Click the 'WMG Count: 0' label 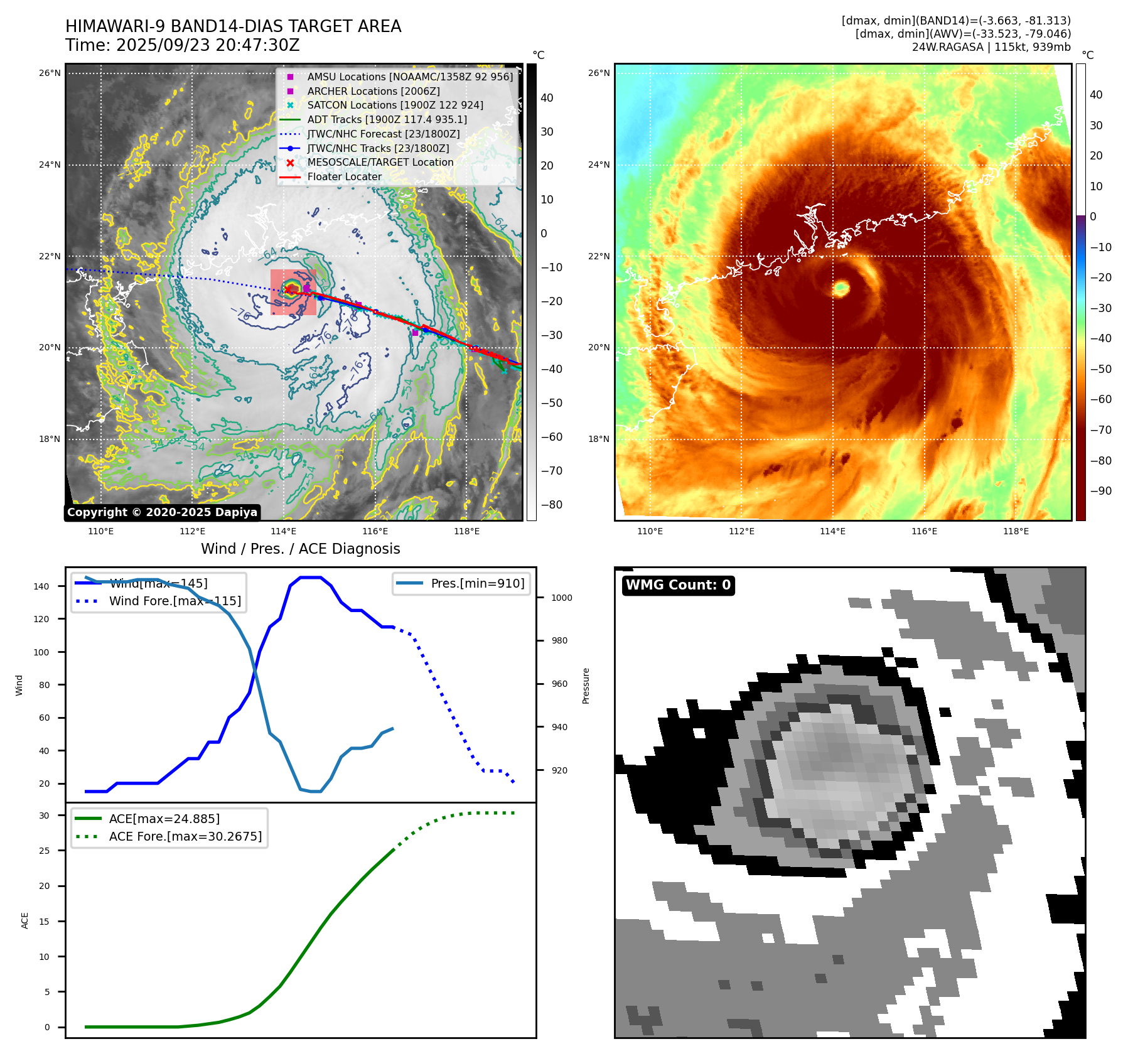click(x=678, y=585)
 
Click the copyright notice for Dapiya click(x=162, y=512)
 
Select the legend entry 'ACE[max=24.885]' click(x=164, y=819)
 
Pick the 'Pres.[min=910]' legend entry click(x=477, y=583)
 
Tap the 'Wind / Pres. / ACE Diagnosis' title click(x=300, y=549)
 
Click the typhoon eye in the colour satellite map click(x=841, y=288)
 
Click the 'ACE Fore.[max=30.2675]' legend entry click(x=185, y=836)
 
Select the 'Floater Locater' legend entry click(x=344, y=176)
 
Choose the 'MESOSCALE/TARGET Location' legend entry click(x=380, y=162)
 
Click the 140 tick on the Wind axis click(x=41, y=586)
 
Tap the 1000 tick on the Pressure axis click(x=561, y=598)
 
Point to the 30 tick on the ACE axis click(x=45, y=816)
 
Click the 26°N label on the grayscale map click(x=50, y=73)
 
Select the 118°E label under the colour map click(x=1015, y=531)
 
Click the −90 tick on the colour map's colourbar click(x=1100, y=491)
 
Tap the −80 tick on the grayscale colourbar click(x=551, y=505)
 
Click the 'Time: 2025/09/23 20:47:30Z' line click(x=182, y=45)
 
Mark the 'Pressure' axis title click(x=586, y=686)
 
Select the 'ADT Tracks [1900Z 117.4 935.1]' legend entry click(x=387, y=119)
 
